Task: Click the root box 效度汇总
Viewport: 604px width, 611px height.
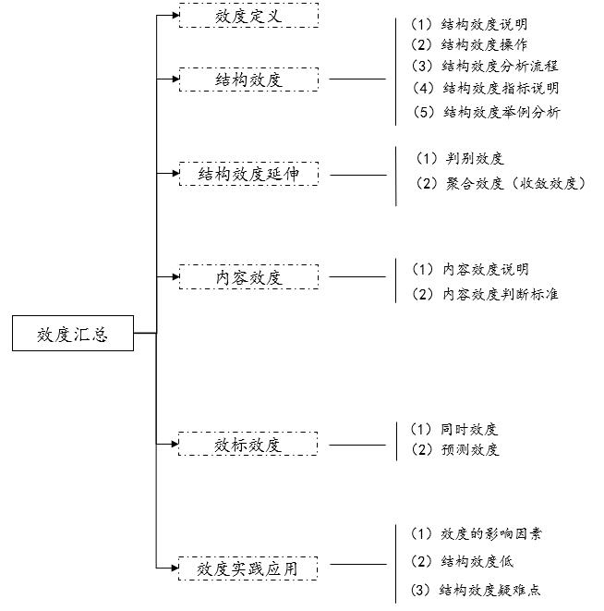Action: [x=73, y=334]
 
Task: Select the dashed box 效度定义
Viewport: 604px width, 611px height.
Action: [x=248, y=16]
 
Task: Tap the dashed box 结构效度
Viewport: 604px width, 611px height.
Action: [x=248, y=79]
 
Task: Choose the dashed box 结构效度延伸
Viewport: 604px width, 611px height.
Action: [x=248, y=174]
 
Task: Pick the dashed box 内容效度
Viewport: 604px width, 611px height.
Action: [x=248, y=276]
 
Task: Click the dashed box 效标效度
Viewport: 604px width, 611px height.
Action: [x=248, y=445]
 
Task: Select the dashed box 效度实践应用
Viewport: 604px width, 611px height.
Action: [x=248, y=568]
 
